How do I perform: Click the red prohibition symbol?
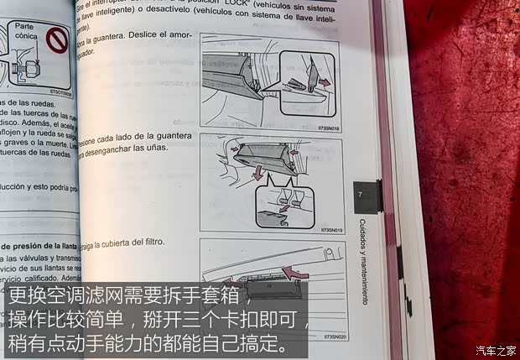click(55, 39)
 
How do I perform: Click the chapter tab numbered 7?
click(361, 195)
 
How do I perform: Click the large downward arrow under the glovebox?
click(259, 172)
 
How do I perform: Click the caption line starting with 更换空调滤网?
click(127, 296)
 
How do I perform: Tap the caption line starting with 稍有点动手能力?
click(147, 343)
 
